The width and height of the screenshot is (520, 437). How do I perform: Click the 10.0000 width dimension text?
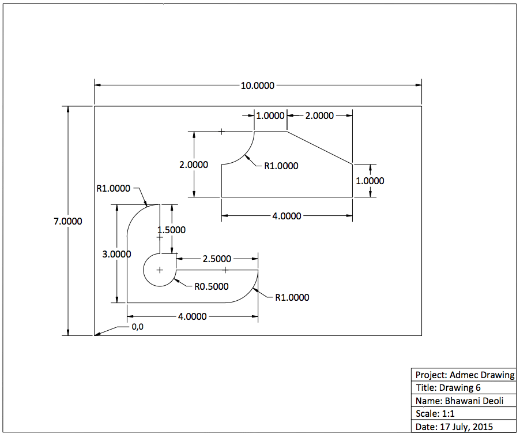coord(258,85)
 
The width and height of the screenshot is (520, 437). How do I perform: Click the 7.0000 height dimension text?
coord(68,221)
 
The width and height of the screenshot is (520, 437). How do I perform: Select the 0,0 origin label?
coord(138,327)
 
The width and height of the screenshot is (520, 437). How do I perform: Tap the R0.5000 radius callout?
coord(211,286)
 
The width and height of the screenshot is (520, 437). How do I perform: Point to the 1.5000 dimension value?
coord(171,230)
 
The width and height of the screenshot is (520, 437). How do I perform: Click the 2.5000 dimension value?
coord(217,259)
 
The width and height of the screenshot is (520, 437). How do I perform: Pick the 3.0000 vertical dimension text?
coord(116,254)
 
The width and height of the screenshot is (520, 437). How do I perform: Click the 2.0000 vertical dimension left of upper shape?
coord(194,165)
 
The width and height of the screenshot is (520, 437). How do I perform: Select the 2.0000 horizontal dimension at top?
coord(319,115)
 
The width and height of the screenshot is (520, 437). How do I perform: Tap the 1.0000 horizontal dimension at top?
coord(270,115)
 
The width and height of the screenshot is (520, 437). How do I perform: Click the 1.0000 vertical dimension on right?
coord(370,181)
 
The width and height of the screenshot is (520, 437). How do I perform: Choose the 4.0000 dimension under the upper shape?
coord(287,216)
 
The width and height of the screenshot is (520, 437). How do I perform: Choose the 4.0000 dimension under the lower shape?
coord(193,316)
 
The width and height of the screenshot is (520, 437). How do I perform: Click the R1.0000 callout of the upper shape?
coord(281,166)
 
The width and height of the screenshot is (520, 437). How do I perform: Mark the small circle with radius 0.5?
coord(159,270)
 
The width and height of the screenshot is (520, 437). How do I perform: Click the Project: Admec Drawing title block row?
coord(464,375)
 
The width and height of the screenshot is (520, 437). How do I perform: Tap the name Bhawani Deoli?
coord(458,401)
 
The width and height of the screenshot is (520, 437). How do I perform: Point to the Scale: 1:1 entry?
coord(435,414)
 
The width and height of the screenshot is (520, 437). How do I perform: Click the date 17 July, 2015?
coord(454,427)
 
